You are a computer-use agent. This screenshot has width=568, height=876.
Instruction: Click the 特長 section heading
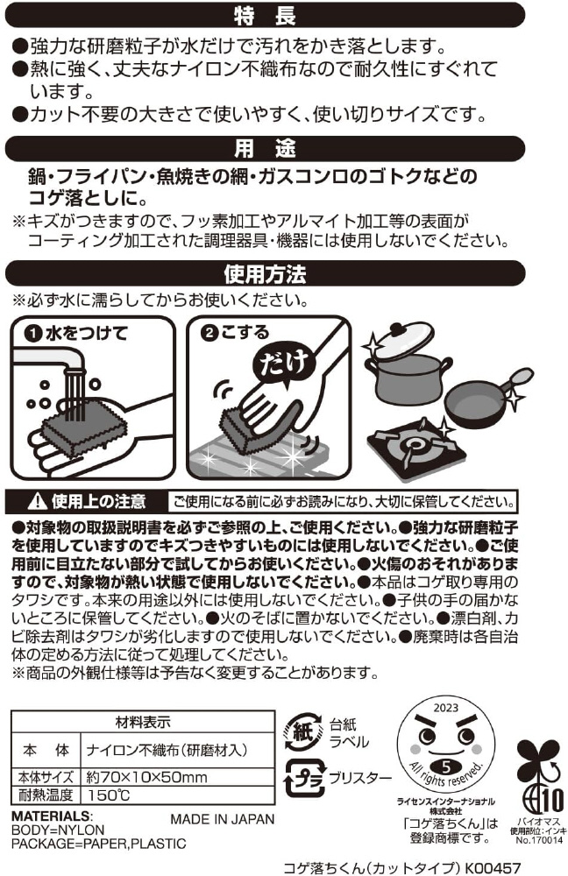point(265,15)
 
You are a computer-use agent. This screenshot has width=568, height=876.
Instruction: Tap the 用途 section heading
point(265,149)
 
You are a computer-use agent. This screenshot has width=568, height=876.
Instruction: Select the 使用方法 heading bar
point(265,273)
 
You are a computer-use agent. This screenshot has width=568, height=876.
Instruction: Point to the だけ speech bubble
point(284,364)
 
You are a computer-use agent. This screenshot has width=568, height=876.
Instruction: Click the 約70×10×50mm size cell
point(146,776)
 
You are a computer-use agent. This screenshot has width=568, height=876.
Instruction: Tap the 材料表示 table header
point(143,722)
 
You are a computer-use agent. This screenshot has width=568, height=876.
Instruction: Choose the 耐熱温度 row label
point(46,795)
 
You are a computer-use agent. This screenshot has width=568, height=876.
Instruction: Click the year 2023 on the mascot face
point(445,707)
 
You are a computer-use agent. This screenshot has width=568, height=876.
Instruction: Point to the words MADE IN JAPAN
point(223,819)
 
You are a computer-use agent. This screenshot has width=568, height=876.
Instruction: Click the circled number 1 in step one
point(33,334)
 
